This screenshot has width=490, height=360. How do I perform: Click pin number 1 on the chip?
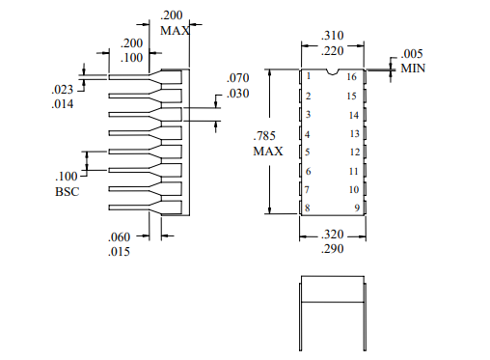[x=309, y=76]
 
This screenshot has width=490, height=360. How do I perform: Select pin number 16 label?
[x=352, y=76]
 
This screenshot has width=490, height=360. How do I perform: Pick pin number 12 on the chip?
[x=353, y=152]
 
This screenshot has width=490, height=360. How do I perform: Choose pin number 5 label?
[x=308, y=152]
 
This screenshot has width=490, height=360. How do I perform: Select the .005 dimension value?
[x=413, y=54]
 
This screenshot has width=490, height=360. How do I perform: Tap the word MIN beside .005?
[x=414, y=69]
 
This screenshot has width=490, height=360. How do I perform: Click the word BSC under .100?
[x=67, y=192]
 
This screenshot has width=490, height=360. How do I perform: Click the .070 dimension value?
[x=237, y=77]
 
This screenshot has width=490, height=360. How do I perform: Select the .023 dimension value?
[x=63, y=90]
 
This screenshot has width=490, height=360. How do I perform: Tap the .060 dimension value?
[x=119, y=237]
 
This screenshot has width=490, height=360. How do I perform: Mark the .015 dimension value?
[x=119, y=253]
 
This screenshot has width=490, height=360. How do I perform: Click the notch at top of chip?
[x=332, y=71]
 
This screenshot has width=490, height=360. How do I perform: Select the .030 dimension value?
[x=237, y=93]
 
